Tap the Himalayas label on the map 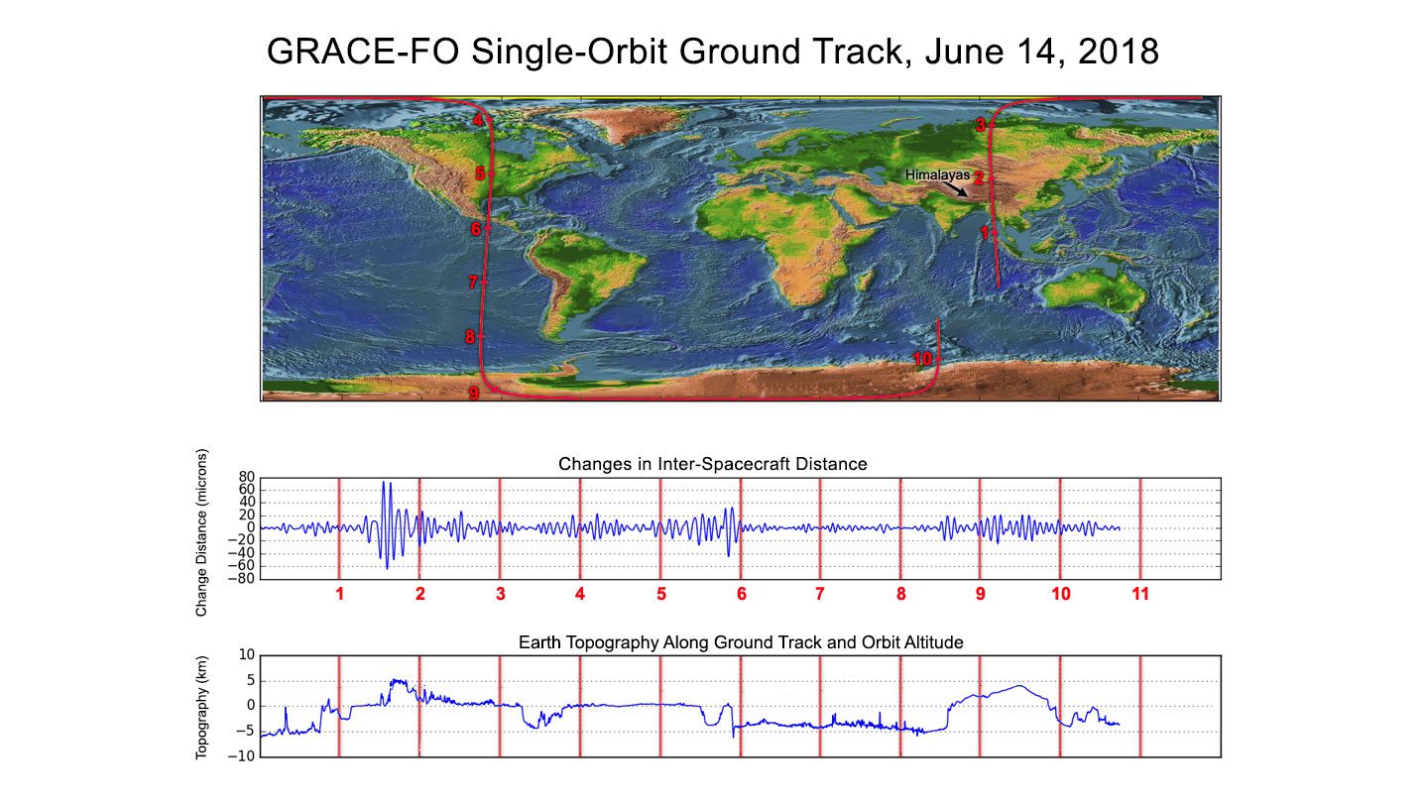(x=937, y=174)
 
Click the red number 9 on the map (x=474, y=394)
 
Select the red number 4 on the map (x=478, y=121)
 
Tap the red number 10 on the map (x=922, y=359)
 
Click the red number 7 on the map (x=473, y=283)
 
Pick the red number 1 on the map (x=985, y=233)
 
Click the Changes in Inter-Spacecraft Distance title (x=712, y=464)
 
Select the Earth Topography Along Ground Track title (x=741, y=643)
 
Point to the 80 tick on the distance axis (x=245, y=477)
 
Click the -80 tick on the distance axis (x=242, y=579)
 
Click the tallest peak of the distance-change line (x=384, y=484)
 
